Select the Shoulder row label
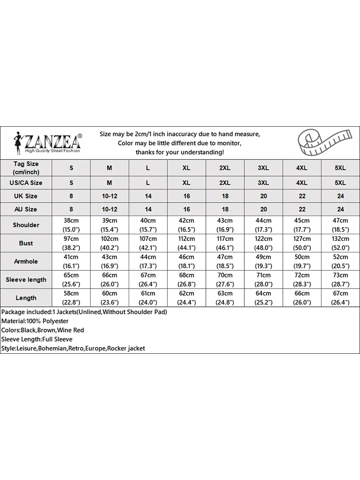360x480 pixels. pos(26,225)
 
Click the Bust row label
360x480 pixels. pos(26,243)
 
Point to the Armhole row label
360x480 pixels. pos(26,262)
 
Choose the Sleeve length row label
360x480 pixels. pos(26,280)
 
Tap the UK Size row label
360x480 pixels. pos(26,196)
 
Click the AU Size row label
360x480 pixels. pos(26,209)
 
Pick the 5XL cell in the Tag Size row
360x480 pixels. pos(340,168)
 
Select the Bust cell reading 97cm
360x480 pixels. pos(71,243)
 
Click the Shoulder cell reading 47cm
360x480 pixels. pos(340,225)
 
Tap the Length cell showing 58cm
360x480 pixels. pos(71,298)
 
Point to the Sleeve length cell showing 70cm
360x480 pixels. pos(225,280)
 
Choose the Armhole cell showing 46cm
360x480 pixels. pos(186,262)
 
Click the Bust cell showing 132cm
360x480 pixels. pos(340,243)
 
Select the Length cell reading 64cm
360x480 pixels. pos(264,298)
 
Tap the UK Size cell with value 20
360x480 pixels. pos(264,196)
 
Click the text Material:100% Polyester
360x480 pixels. pos(35,321)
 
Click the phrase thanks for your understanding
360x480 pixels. pos(180,152)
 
